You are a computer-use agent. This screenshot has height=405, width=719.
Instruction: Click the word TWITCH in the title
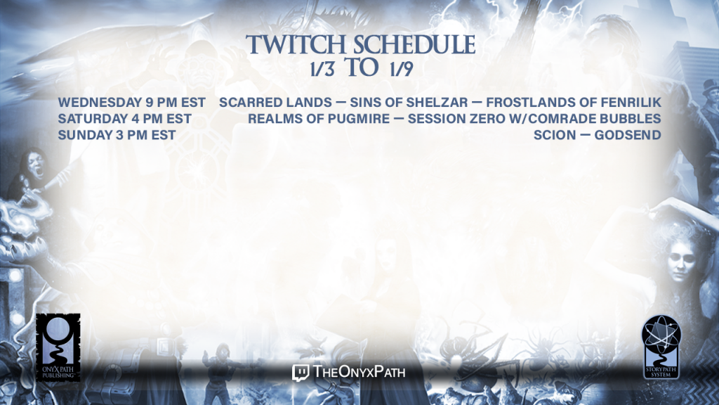coord(296,44)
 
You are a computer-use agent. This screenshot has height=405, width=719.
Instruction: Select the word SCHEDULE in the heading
coord(414,44)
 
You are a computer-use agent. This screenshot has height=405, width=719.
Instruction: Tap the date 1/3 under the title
coord(322,69)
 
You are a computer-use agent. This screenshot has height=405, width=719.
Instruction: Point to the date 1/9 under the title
coord(401,69)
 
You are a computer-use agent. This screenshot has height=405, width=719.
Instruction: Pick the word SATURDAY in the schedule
coord(93,119)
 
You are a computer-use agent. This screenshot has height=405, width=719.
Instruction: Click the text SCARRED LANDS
coord(275,103)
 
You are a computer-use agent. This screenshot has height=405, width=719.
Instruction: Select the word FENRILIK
coord(630,103)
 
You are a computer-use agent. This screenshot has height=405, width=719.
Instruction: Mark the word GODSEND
coord(628,136)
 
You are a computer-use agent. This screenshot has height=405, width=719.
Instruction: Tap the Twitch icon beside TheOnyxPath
coord(301,373)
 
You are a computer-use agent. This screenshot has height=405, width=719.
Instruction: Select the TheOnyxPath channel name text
coord(359,371)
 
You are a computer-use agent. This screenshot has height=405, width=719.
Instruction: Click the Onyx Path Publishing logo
coord(58,347)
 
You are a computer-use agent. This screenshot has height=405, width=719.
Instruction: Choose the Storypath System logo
coord(661,347)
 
